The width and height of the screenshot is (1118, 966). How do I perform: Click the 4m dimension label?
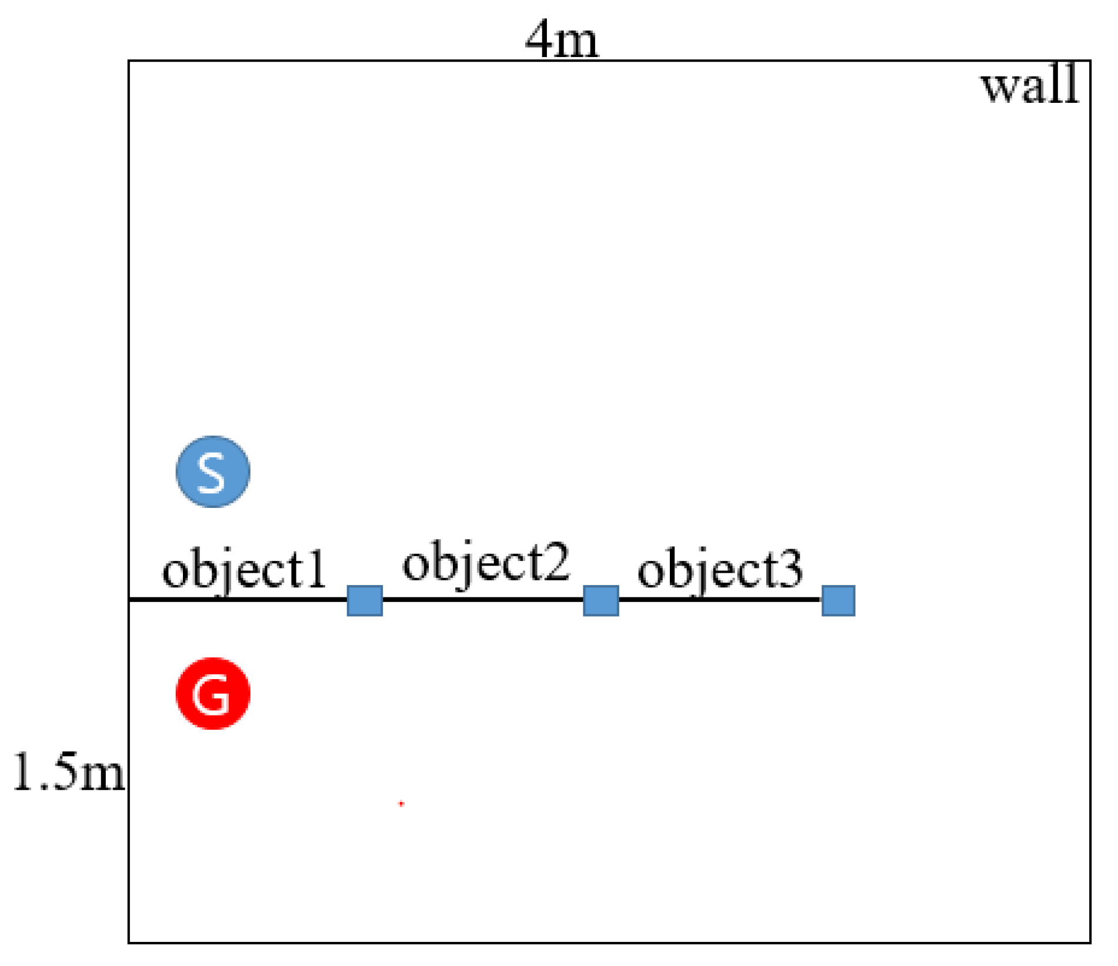pos(562,40)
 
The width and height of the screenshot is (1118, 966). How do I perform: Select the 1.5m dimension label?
pos(68,771)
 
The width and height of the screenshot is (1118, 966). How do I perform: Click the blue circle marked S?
pos(213,472)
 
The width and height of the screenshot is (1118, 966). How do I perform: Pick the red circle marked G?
pos(213,694)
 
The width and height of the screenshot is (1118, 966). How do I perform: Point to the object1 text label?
pos(243,570)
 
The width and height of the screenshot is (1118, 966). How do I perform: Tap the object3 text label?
pos(720,569)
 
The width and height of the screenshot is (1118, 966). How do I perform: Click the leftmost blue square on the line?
pos(365,600)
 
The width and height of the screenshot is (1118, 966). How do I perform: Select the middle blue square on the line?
pos(600,600)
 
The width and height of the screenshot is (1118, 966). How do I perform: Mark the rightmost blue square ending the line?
pos(838,600)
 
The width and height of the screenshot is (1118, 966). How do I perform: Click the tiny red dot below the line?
pos(401,803)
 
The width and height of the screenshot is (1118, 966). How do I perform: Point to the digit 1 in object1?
pos(316,569)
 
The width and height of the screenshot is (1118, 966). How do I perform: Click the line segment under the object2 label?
pos(482,600)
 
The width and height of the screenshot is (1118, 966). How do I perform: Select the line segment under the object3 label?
pos(720,600)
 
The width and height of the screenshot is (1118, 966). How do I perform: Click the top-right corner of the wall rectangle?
pos(1090,61)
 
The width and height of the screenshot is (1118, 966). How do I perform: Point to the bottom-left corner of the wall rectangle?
pos(129,942)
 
